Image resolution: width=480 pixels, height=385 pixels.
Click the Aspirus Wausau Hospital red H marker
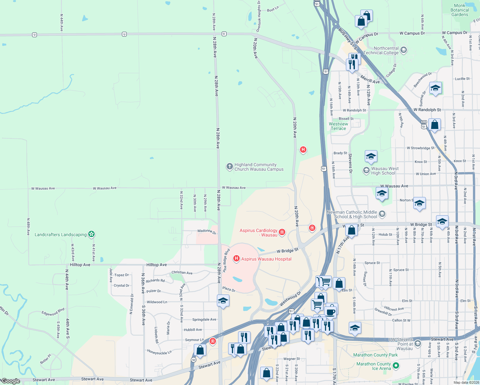pyautogui.click(x=236, y=258)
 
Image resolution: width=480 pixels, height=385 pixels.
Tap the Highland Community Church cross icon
pyautogui.click(x=229, y=166)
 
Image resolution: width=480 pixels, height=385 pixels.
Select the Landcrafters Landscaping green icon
pyautogui.click(x=91, y=234)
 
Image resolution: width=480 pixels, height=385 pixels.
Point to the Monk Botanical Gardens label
pyautogui.click(x=459, y=10)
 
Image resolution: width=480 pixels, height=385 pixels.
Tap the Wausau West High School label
pyautogui.click(x=385, y=171)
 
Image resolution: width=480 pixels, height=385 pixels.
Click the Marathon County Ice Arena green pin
pyautogui.click(x=396, y=365)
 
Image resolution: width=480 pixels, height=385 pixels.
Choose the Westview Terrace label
pyautogui.click(x=338, y=126)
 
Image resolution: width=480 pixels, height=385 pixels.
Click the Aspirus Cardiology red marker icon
pyautogui.click(x=282, y=232)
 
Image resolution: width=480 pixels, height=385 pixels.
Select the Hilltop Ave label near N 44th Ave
pyautogui.click(x=80, y=265)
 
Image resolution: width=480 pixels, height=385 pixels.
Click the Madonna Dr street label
pyautogui.click(x=207, y=231)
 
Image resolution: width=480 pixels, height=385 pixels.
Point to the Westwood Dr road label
pyautogui.click(x=290, y=299)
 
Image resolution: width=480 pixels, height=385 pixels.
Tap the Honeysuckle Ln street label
pyautogui.click(x=159, y=352)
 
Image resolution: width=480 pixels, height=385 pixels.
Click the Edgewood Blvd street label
pyautogui.click(x=53, y=312)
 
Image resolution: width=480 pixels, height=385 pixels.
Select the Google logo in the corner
pyautogui.click(x=11, y=381)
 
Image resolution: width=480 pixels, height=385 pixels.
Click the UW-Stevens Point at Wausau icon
pyautogui.click(x=417, y=344)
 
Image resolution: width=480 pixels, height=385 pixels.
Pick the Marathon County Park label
pyautogui.click(x=375, y=355)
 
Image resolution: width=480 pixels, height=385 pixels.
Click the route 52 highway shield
pyautogui.click(x=193, y=360)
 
